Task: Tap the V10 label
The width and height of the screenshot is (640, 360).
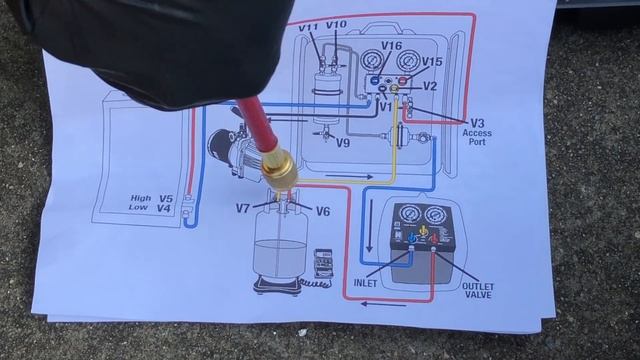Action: [x=337, y=25]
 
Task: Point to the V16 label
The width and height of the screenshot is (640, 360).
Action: [x=391, y=46]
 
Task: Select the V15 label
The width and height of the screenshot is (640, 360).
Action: [x=431, y=62]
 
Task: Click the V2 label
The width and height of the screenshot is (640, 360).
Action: [x=430, y=87]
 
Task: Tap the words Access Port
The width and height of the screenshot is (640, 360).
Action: [x=480, y=136]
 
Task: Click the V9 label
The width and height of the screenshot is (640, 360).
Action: [x=343, y=144]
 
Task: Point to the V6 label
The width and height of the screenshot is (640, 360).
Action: [x=322, y=211]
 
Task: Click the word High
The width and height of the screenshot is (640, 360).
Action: [x=140, y=198]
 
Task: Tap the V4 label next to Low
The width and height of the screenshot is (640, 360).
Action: [x=166, y=209]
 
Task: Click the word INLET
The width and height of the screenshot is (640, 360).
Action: [x=367, y=283]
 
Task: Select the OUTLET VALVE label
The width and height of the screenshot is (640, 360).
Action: [x=477, y=290]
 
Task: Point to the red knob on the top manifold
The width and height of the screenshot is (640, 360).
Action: [x=402, y=79]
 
